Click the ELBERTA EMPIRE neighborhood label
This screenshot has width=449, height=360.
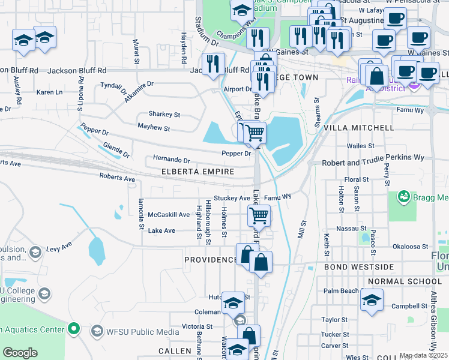[x=197, y=172]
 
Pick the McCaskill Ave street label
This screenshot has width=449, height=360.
[x=169, y=214]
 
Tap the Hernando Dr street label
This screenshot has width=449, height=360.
[x=171, y=160]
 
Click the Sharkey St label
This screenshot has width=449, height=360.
[x=164, y=114]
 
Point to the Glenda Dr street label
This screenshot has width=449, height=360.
[x=116, y=149]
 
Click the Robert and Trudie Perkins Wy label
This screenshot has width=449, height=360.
[x=373, y=163]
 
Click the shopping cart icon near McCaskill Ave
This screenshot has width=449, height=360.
[x=259, y=214]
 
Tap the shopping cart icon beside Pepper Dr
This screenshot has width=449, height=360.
[x=255, y=132]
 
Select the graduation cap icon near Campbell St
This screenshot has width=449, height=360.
[x=372, y=299]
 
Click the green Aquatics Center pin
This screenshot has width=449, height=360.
[x=73, y=329]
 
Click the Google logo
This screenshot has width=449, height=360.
[x=20, y=353]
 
